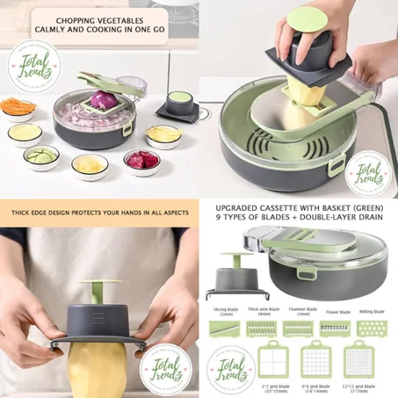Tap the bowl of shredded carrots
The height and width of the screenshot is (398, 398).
[18, 108]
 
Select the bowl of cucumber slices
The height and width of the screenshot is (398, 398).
[41, 156]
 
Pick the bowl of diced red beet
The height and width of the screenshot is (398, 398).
[141, 161]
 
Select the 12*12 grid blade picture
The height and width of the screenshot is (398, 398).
[362, 359]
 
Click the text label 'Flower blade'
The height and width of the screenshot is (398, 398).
[334, 310]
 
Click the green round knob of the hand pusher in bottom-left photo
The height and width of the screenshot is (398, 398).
[99, 291]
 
